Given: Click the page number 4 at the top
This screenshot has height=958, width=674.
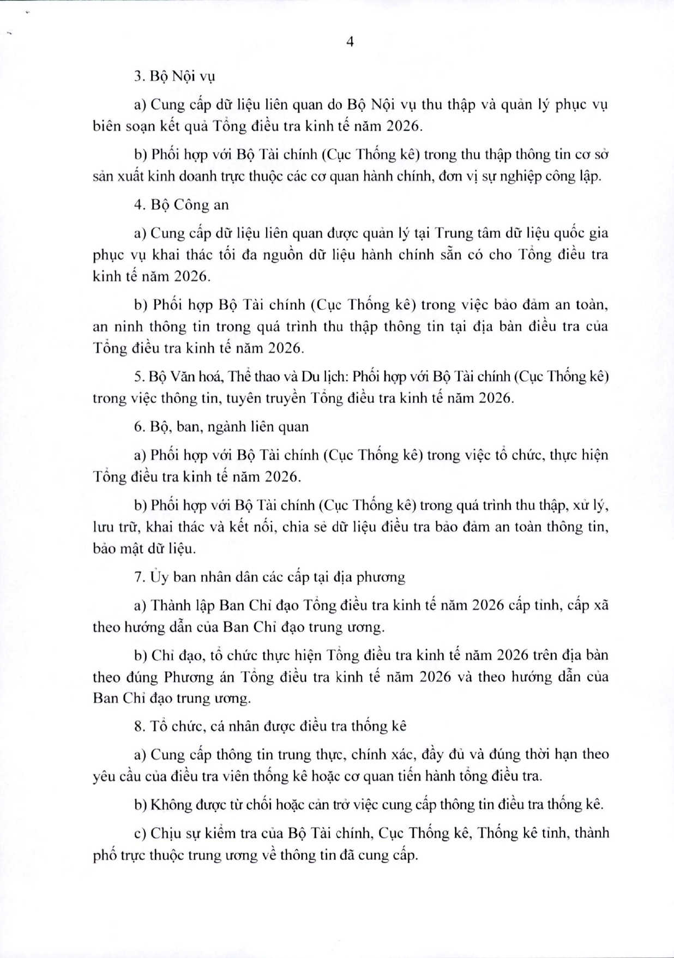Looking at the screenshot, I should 350,43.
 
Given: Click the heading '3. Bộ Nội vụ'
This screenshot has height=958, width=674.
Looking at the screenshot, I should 174,76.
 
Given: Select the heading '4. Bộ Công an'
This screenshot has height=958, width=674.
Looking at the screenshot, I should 182,205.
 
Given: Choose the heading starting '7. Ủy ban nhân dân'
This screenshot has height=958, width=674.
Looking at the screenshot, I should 269,577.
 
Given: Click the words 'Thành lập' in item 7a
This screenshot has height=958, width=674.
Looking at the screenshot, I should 183,605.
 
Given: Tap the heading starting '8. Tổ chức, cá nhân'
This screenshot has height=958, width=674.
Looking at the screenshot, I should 270,726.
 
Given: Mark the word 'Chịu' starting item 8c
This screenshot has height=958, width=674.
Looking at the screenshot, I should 165,833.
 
